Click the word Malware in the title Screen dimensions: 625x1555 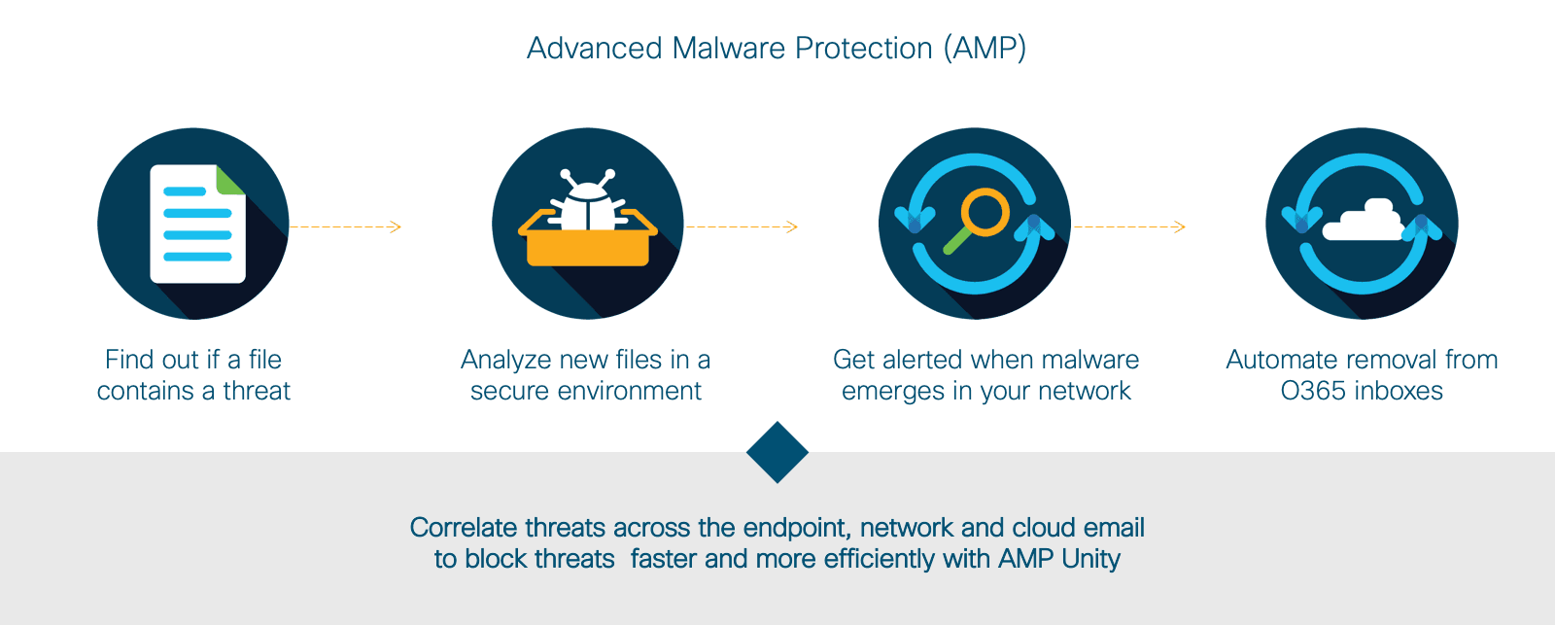tap(729, 49)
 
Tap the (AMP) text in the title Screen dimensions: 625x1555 tap(985, 49)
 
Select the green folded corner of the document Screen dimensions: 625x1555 tap(229, 179)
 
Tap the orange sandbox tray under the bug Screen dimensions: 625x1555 tap(587, 248)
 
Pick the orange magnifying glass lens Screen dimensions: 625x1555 tap(985, 212)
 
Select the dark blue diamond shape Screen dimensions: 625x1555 tap(777, 452)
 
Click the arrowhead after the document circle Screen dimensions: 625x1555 tap(395, 226)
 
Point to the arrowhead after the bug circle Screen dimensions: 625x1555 tap(791, 226)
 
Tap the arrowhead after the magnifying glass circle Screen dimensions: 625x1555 tap(1179, 226)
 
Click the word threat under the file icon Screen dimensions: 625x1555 tap(257, 391)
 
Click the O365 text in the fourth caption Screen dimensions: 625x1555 tap(1311, 391)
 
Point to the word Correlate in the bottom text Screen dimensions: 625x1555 tap(463, 528)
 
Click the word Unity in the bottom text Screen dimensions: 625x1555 tap(1090, 559)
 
